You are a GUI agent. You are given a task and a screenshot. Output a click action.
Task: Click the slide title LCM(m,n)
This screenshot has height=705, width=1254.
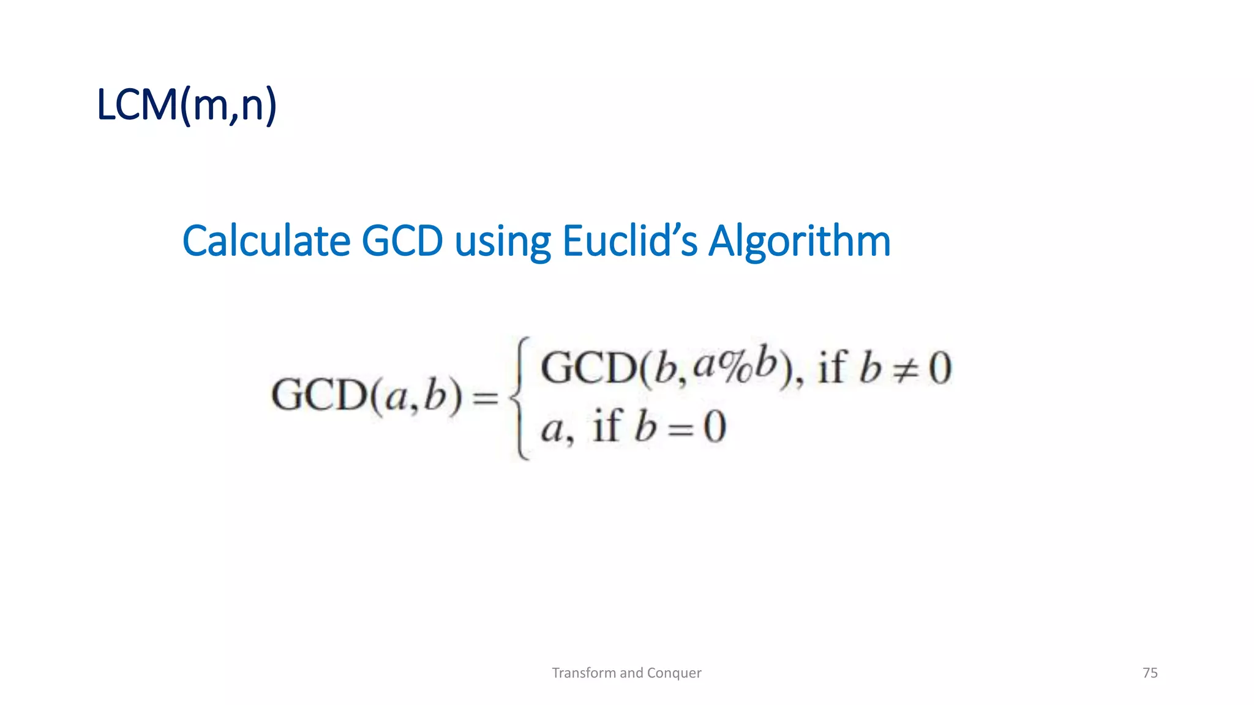tap(187, 105)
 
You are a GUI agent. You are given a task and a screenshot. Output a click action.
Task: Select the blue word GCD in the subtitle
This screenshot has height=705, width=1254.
tap(402, 241)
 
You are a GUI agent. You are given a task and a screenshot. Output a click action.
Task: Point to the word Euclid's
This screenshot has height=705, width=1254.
tap(629, 241)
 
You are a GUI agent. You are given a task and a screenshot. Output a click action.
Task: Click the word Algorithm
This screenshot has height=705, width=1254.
tap(799, 242)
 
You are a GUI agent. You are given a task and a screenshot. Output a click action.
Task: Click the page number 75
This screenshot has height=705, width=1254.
tap(1150, 673)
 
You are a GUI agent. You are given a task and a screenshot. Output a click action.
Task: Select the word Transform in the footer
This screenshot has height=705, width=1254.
tap(584, 673)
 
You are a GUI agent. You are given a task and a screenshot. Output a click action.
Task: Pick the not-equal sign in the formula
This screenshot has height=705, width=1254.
tap(904, 370)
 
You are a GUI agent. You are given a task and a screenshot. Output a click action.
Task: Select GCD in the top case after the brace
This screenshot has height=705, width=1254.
tap(588, 368)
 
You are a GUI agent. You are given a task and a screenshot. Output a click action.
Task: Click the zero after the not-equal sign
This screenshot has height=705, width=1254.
tap(940, 368)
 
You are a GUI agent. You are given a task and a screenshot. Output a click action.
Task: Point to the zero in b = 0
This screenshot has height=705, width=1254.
tap(714, 427)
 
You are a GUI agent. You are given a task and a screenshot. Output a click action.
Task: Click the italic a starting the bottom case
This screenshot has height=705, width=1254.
tap(552, 428)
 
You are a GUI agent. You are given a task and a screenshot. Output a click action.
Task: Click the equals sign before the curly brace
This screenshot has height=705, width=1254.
tap(486, 398)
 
